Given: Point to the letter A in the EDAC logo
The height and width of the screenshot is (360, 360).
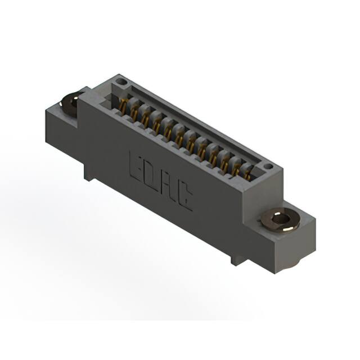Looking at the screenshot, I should (x=168, y=184).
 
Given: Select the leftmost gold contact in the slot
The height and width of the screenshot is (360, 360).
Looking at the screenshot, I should (x=123, y=105).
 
